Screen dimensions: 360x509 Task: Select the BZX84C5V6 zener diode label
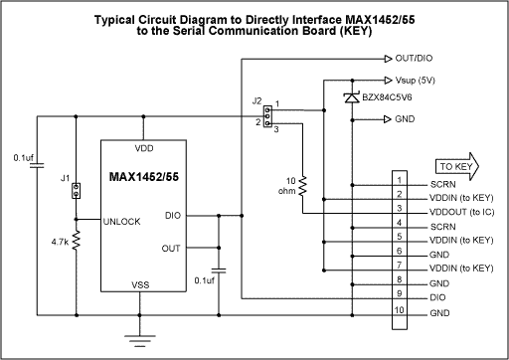(402, 96)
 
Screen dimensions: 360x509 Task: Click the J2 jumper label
(257, 100)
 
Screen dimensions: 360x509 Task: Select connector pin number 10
(399, 312)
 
